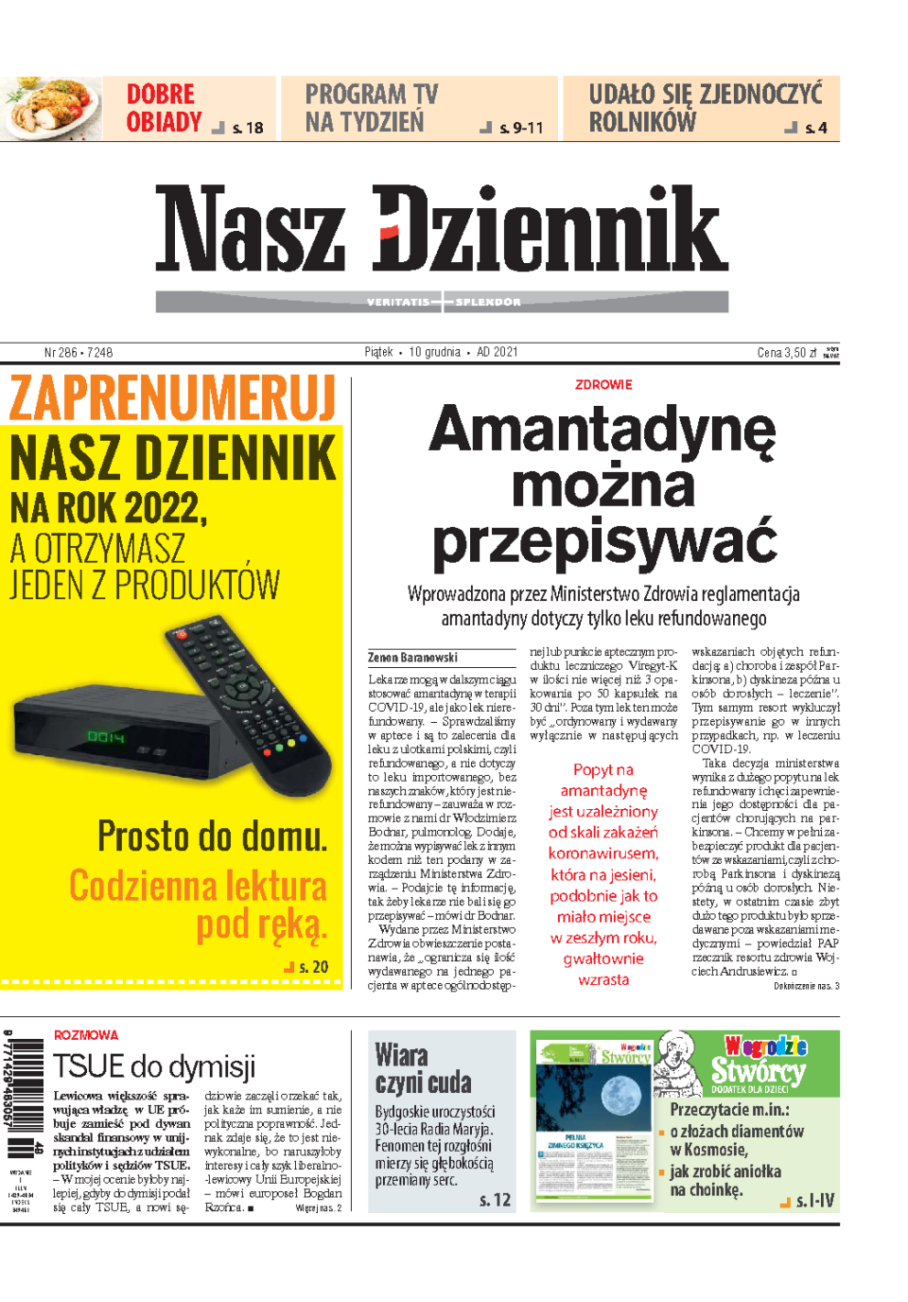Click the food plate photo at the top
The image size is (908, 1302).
pos(52,109)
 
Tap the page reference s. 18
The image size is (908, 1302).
pos(247,128)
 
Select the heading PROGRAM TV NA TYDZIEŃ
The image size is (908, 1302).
pos(371,108)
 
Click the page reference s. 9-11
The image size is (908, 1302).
pos(521,128)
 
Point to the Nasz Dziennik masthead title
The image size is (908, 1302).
pos(442,228)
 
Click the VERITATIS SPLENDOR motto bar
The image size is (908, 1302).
pos(442,302)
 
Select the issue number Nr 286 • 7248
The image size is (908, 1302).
pos(79,352)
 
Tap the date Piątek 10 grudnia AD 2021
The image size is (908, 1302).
pos(442,352)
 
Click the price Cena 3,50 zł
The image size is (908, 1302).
pos(786,353)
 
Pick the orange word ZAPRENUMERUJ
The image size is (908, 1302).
pos(173,398)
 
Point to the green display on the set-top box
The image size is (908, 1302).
pos(106,736)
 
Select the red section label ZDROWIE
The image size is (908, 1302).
pos(603,385)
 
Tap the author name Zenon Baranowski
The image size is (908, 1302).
pos(412,658)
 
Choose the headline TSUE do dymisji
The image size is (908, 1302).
pos(154,1066)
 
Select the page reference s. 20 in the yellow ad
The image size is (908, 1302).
pos(313,967)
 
